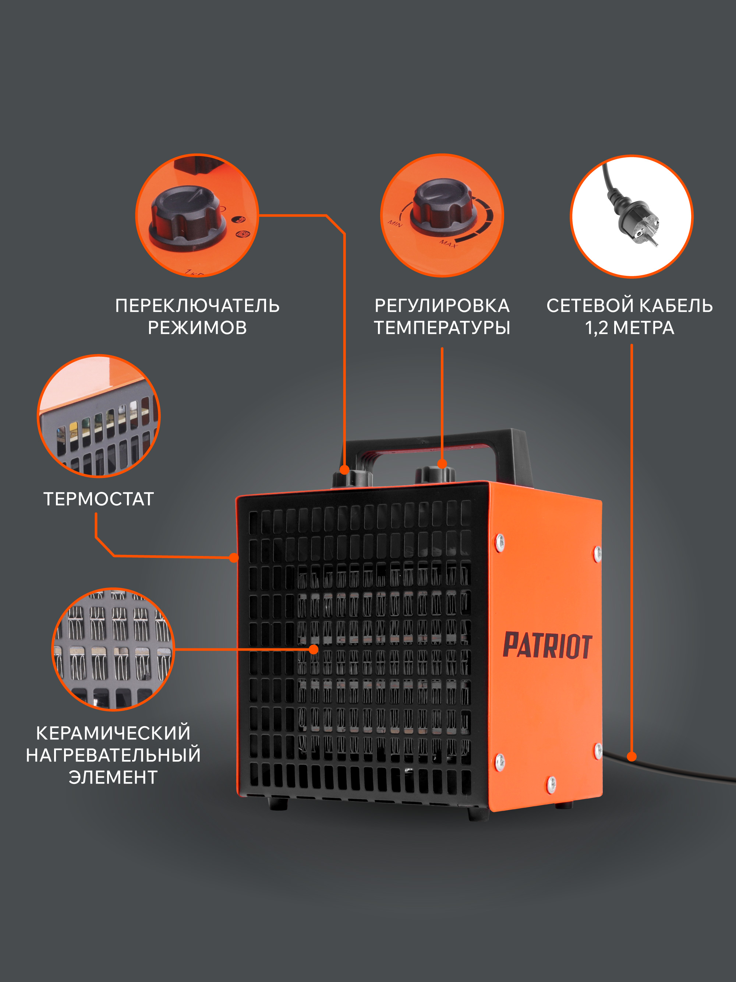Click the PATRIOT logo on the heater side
coord(547,645)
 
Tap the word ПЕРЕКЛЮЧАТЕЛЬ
coord(197,306)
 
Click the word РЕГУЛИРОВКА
coord(442,306)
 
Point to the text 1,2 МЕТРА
coord(630,328)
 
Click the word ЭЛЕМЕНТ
coord(113,777)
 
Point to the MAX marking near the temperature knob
coord(448,243)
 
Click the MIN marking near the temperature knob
coord(394,223)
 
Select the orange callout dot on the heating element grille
coord(314,650)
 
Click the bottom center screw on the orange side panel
coord(551,784)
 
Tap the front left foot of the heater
coord(278,803)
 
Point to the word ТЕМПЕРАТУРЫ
coord(442,328)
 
